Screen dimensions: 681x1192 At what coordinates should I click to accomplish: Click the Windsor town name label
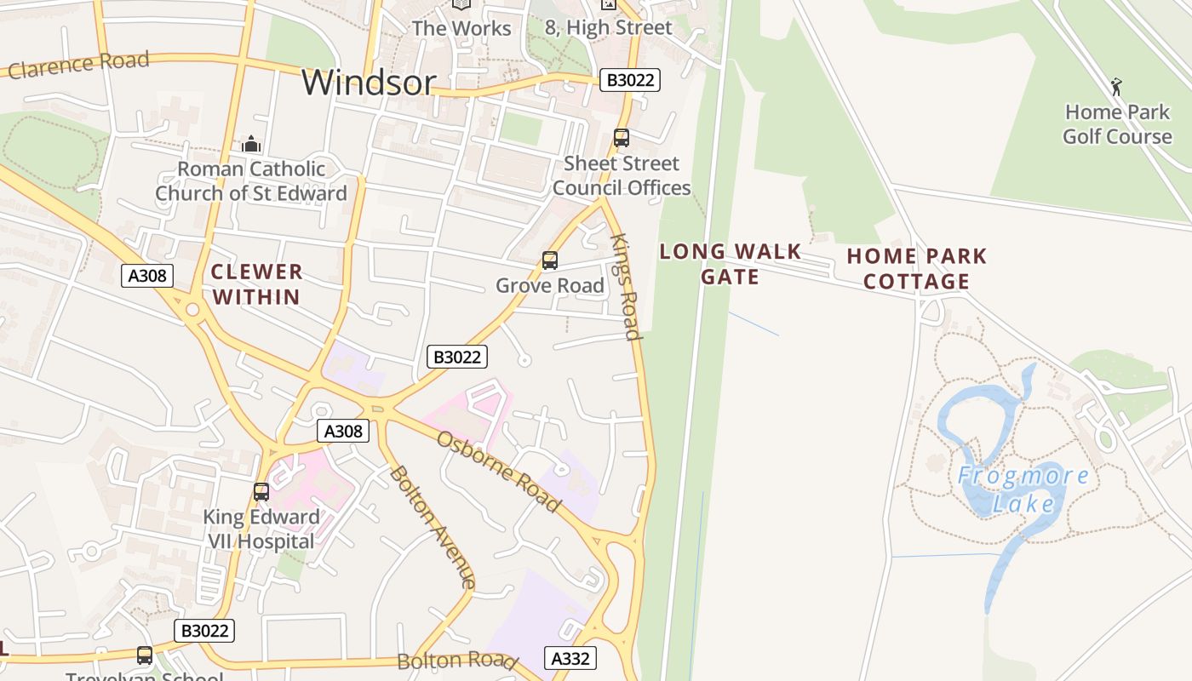click(369, 82)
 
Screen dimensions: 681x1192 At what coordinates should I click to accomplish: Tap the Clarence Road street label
click(78, 65)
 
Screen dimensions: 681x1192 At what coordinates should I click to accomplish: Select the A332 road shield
click(570, 658)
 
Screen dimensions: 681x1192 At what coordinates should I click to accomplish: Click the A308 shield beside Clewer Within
click(147, 275)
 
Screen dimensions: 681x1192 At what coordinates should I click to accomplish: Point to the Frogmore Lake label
click(1023, 489)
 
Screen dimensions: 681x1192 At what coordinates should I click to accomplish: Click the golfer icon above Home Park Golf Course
click(1116, 86)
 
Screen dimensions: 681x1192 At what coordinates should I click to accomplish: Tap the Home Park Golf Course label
click(1117, 124)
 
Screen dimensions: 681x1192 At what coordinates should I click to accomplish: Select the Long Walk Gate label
click(730, 264)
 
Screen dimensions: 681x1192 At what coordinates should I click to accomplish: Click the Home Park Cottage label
click(916, 268)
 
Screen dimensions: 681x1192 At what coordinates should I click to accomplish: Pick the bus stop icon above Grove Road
click(550, 260)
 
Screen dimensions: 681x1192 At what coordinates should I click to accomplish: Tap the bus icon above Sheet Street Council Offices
click(622, 138)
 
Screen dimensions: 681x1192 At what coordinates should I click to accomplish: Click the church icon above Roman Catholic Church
click(250, 144)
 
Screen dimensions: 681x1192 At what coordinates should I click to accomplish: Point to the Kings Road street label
click(626, 287)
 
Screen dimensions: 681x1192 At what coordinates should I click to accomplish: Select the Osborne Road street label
click(499, 472)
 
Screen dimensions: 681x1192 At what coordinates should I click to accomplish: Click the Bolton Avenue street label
click(433, 527)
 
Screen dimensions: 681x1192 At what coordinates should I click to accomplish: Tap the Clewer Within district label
click(255, 284)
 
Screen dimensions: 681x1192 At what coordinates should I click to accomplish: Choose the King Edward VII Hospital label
click(261, 529)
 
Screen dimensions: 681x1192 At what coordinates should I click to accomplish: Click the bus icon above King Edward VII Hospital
click(261, 491)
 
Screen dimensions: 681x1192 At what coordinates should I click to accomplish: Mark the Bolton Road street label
click(457, 661)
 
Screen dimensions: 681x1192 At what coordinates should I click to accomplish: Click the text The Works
click(461, 28)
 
